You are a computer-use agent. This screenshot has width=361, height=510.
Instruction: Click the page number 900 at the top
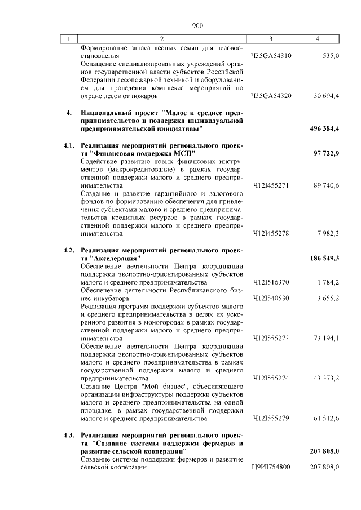pos(197,25)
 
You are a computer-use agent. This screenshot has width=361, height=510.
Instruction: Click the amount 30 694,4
pos(326,96)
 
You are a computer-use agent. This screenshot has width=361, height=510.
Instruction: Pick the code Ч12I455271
pos(271,185)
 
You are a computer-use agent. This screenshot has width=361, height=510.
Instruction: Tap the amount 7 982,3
pos(327,233)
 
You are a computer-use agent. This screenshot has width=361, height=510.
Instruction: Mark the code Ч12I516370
pos(271,282)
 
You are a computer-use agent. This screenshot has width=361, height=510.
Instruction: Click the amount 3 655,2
pos(327,298)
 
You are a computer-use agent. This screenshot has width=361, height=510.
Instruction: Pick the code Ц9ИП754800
pos(271,467)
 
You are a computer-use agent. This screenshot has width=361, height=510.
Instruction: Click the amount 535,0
pos(330,56)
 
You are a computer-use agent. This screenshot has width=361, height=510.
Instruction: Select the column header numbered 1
pos(69,39)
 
